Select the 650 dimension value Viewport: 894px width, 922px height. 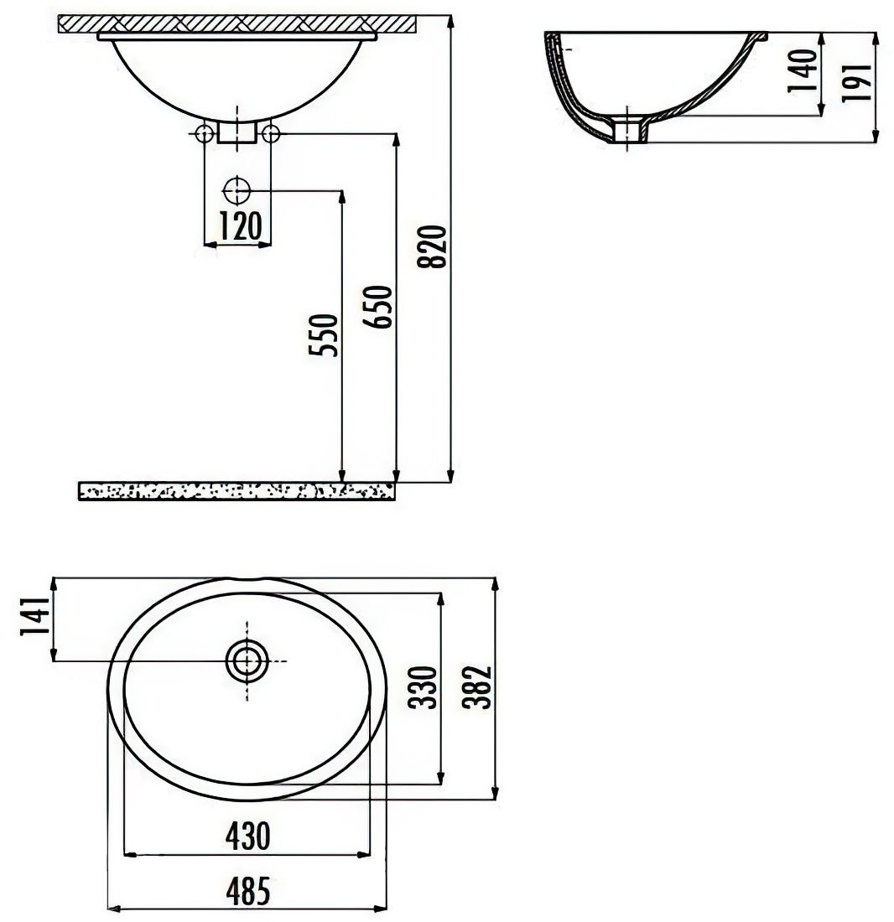[x=377, y=307]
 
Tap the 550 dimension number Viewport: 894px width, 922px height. [x=324, y=334]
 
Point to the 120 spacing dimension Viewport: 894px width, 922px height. [x=241, y=225]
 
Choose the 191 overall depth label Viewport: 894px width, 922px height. [x=855, y=82]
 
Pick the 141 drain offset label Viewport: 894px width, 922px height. [x=34, y=616]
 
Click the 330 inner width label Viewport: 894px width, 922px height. [x=424, y=686]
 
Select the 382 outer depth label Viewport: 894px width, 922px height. [x=476, y=686]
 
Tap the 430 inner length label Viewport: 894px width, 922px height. [x=247, y=836]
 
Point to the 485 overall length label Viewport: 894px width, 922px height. [x=247, y=890]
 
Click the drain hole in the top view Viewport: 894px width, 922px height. [x=247, y=661]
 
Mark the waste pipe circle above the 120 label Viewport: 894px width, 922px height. [x=237, y=191]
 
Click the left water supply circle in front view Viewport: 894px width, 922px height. [x=204, y=134]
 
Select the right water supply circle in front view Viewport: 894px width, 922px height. [x=271, y=134]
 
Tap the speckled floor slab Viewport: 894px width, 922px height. [x=236, y=491]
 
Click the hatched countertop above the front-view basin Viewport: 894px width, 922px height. [x=237, y=23]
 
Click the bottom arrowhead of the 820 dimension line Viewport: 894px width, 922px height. [x=450, y=476]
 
